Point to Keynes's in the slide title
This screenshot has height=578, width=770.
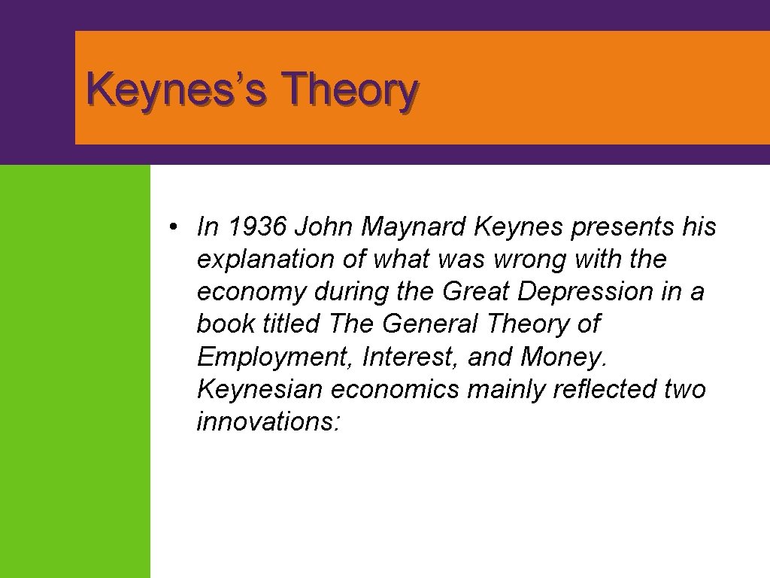click(179, 92)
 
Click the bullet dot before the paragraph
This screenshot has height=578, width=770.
click(173, 227)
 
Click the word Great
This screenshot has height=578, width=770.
click(476, 292)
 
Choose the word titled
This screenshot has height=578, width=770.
click(291, 324)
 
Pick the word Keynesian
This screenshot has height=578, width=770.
click(260, 390)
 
